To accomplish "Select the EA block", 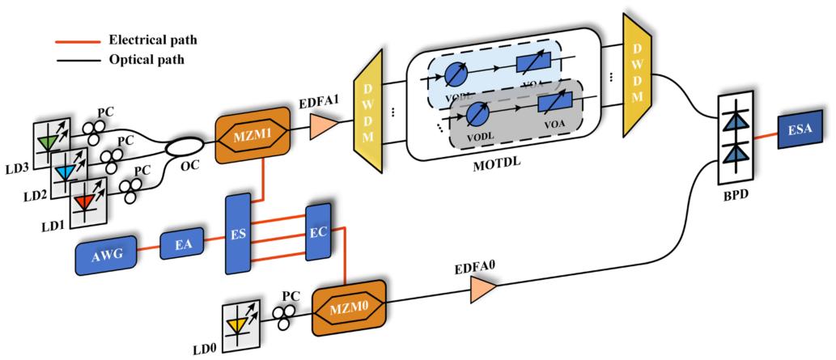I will pos(180,244).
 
